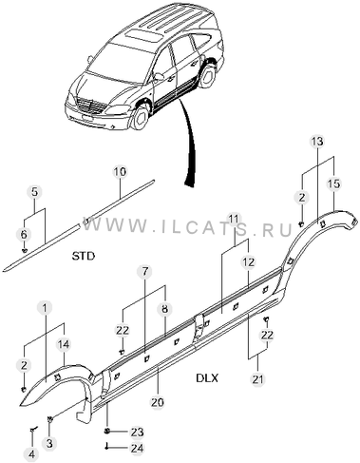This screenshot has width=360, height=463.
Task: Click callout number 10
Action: click(x=120, y=172)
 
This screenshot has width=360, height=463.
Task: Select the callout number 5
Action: click(x=35, y=192)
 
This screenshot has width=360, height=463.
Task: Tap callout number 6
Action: click(x=24, y=235)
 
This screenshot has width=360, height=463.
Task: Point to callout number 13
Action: click(x=317, y=142)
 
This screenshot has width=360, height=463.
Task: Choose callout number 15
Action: click(x=333, y=183)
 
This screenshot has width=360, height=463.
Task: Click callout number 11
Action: click(x=234, y=219)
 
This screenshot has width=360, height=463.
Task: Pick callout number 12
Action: click(x=249, y=262)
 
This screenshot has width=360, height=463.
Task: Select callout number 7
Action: click(x=144, y=272)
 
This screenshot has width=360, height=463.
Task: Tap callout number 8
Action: click(x=165, y=309)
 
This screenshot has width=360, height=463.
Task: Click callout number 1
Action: click(x=46, y=307)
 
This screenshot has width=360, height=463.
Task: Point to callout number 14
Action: click(x=64, y=344)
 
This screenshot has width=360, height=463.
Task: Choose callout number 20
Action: click(x=158, y=402)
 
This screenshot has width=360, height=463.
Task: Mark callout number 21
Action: click(x=257, y=379)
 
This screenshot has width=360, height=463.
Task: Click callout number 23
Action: click(x=136, y=432)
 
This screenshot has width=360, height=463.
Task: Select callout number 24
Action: click(x=136, y=448)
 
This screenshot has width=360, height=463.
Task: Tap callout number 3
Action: click(x=49, y=444)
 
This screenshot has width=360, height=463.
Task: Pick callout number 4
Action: click(x=32, y=454)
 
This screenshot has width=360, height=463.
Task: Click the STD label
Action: click(x=84, y=256)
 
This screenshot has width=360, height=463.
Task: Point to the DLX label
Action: click(x=207, y=377)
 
